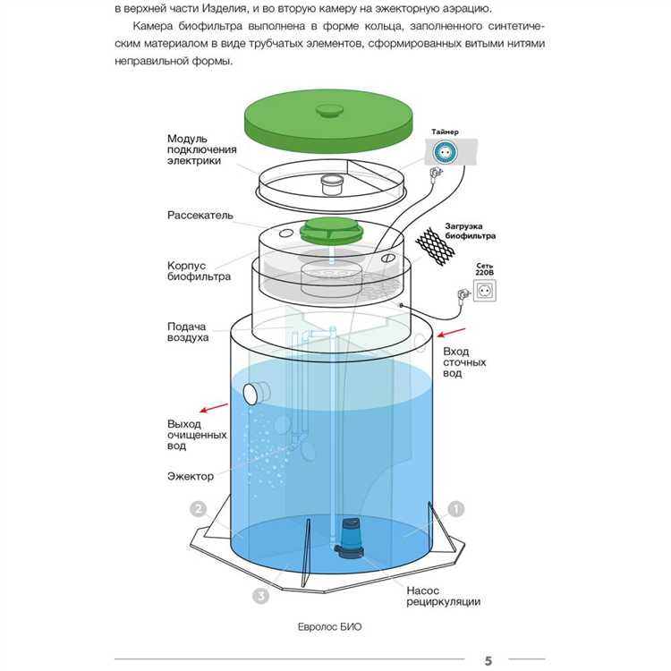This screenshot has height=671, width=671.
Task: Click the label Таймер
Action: pyautogui.click(x=445, y=132)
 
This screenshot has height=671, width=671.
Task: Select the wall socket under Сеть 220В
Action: pyautogui.click(x=484, y=291)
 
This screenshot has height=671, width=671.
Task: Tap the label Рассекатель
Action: pyautogui.click(x=200, y=216)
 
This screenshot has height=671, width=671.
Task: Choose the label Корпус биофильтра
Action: pyautogui.click(x=199, y=271)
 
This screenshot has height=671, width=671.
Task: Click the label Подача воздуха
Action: pyautogui.click(x=188, y=332)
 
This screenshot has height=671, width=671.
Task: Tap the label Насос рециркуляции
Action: pyautogui.click(x=443, y=596)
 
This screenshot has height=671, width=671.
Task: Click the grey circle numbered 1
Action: pyautogui.click(x=456, y=509)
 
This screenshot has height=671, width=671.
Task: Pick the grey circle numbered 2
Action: pyautogui.click(x=200, y=509)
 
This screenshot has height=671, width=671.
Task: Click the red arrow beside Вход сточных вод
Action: pyautogui.click(x=456, y=334)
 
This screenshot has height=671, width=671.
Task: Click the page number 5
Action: pyautogui.click(x=488, y=661)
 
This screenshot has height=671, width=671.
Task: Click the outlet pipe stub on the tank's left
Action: pyautogui.click(x=258, y=391)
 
